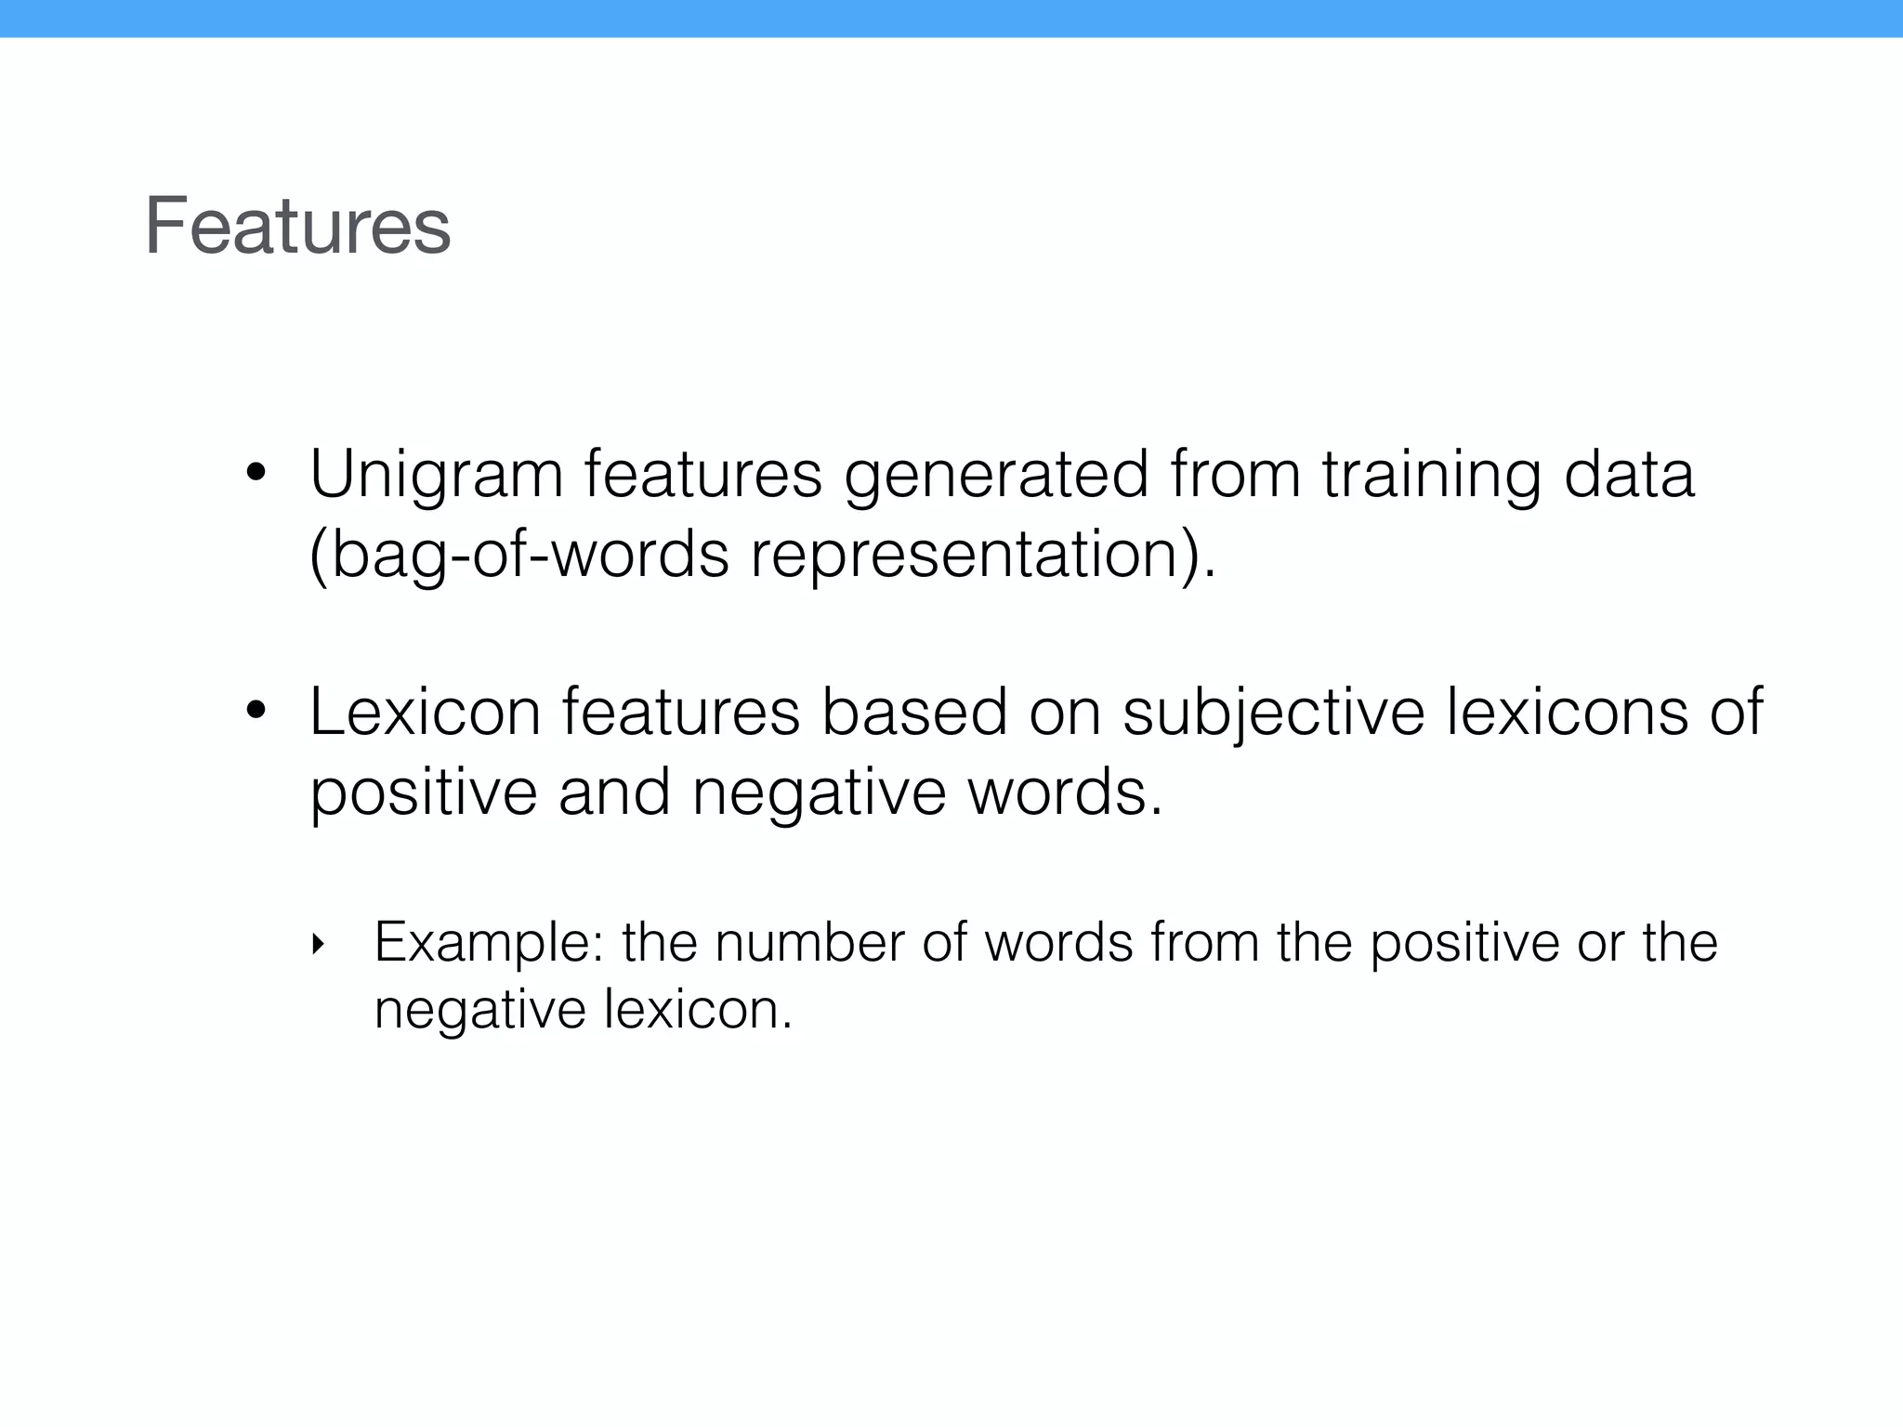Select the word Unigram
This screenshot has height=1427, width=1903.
(436, 476)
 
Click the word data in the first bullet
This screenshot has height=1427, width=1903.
(1629, 474)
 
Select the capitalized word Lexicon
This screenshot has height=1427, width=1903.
(425, 713)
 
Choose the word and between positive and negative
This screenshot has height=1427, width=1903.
(614, 792)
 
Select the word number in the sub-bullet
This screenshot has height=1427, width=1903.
(809, 942)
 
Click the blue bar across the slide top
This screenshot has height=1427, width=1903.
(951, 19)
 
